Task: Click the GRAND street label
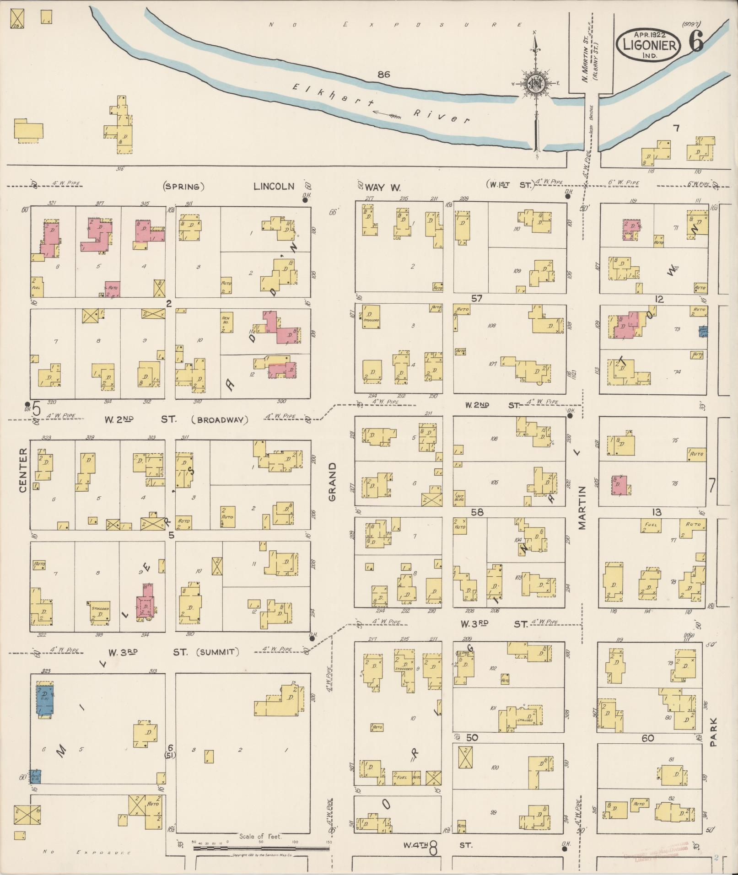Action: point(332,481)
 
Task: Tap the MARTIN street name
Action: point(582,508)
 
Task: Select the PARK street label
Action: point(714,731)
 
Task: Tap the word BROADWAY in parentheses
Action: point(220,420)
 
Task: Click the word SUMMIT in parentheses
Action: point(218,652)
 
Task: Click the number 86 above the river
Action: point(383,74)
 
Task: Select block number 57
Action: point(477,299)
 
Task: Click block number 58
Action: point(477,512)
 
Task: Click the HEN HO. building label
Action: point(226,320)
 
